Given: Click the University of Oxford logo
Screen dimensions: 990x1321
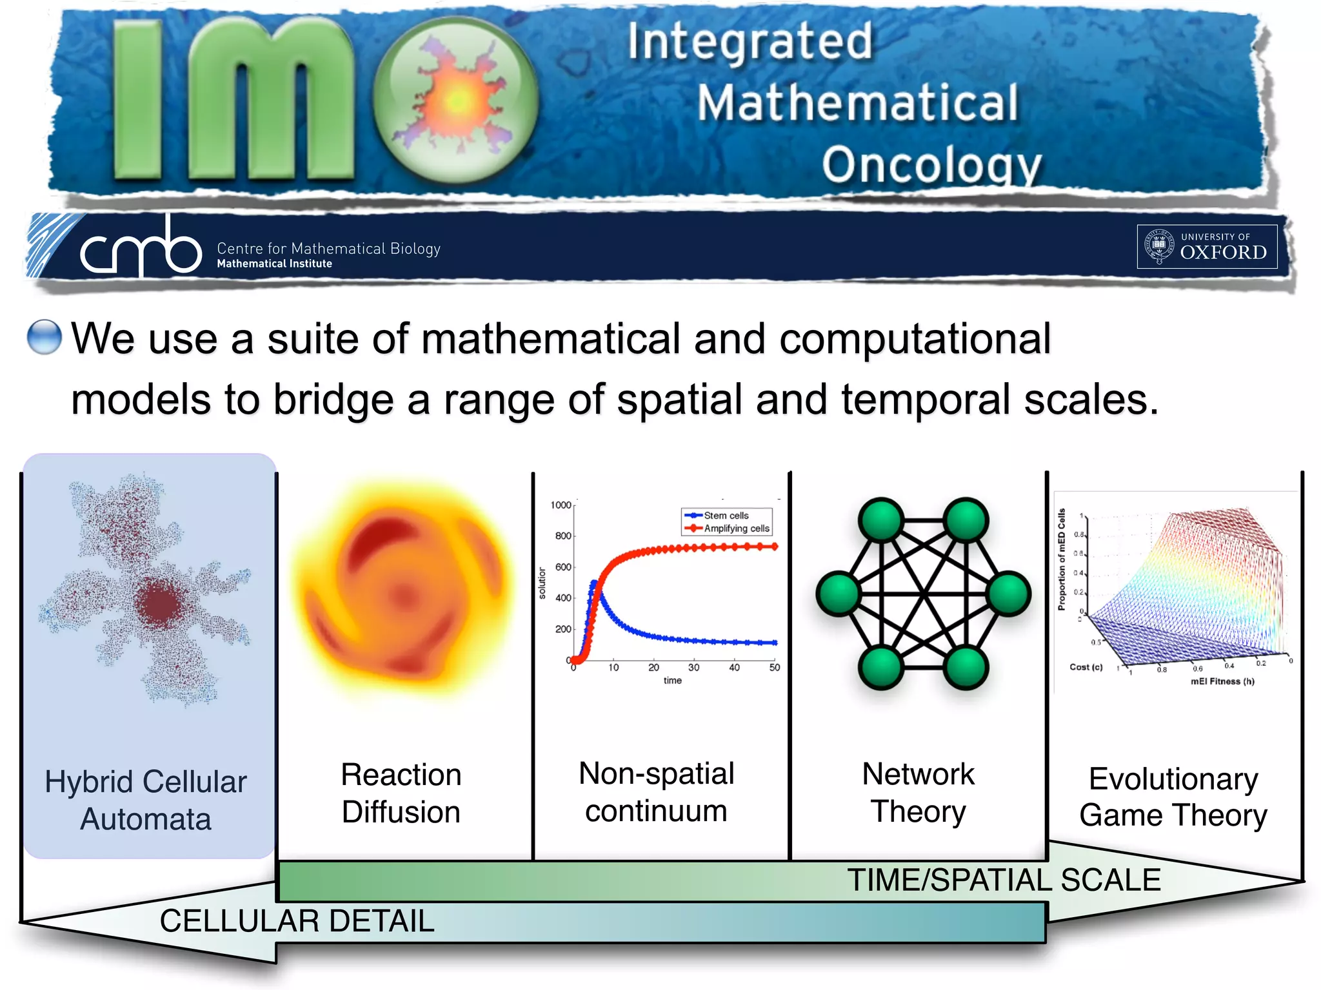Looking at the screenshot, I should (x=1206, y=246).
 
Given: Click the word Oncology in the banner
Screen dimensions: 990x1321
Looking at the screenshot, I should (x=931, y=165).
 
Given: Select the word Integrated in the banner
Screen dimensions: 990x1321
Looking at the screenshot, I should (x=750, y=41).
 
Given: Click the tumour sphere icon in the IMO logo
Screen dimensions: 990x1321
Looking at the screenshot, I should (x=457, y=100).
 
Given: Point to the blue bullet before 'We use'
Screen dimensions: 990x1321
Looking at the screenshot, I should (x=45, y=337).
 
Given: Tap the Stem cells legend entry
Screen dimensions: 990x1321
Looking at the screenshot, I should (x=726, y=516).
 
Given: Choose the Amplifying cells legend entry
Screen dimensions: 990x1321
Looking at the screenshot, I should (x=736, y=529).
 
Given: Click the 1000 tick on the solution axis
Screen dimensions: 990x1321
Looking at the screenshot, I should (x=560, y=505).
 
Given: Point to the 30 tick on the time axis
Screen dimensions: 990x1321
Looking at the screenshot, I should (x=693, y=668).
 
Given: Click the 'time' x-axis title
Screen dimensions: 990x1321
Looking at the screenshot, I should (x=672, y=681).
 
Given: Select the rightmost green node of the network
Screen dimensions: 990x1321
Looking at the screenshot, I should (x=1009, y=594).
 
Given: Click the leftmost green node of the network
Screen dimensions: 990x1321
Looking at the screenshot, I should (x=838, y=594).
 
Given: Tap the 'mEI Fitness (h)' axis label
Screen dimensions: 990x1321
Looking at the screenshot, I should (x=1222, y=681).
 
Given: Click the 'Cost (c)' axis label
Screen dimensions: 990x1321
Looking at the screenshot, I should (x=1086, y=667).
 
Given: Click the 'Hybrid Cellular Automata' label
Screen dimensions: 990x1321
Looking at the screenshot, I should (x=146, y=800).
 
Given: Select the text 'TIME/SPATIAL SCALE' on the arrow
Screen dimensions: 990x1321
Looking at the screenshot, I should (x=1003, y=880).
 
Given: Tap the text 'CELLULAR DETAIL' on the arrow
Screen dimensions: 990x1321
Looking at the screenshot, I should (x=297, y=921).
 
